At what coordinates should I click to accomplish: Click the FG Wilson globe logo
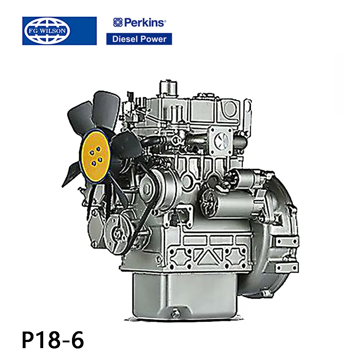coord(48,31)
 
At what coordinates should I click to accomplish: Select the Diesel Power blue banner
coord(139,39)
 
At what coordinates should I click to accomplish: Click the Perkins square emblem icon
coord(118,22)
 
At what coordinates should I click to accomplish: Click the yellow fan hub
coord(95,154)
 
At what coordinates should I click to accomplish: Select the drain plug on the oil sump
coord(175,313)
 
